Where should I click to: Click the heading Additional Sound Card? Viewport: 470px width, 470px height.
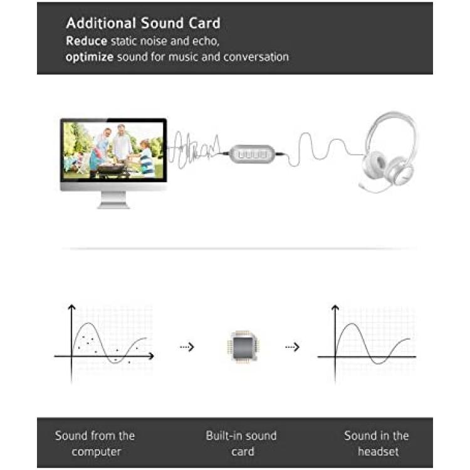click(x=144, y=23)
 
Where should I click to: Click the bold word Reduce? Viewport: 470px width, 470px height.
click(x=86, y=41)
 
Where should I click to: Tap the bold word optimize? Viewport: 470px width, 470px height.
click(x=90, y=57)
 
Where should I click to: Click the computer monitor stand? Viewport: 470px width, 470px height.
click(x=113, y=200)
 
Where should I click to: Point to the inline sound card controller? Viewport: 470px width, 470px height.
click(x=252, y=154)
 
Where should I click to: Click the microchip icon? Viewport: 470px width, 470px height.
click(x=243, y=347)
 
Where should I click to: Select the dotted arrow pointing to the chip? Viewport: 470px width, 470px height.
click(x=187, y=347)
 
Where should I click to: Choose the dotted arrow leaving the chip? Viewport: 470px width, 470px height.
click(x=292, y=347)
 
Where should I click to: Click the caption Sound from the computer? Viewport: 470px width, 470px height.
click(x=95, y=443)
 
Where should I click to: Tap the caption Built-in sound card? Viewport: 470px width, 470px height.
click(x=241, y=443)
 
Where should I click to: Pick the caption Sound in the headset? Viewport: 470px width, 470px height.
click(x=377, y=443)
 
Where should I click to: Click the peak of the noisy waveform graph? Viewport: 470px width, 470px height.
click(x=88, y=323)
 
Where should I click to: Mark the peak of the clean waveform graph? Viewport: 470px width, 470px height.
click(x=352, y=324)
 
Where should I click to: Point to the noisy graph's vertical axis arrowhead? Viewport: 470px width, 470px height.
click(x=71, y=306)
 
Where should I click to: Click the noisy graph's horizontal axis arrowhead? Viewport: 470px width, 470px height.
click(x=152, y=356)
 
